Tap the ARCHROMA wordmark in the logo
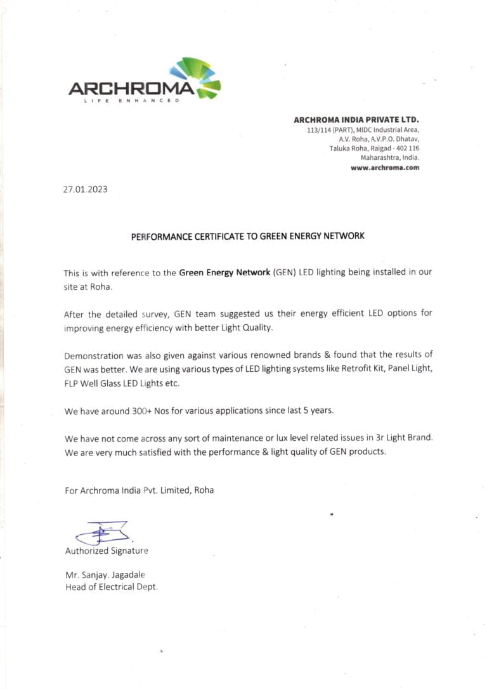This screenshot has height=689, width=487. [131, 88]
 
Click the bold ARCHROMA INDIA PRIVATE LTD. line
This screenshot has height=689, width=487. [356, 119]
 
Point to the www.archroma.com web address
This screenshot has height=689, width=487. [385, 167]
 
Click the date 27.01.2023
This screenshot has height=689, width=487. [85, 189]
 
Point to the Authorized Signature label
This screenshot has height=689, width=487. [107, 551]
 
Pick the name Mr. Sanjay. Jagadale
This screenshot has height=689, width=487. [105, 575]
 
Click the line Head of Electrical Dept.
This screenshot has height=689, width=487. [112, 587]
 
